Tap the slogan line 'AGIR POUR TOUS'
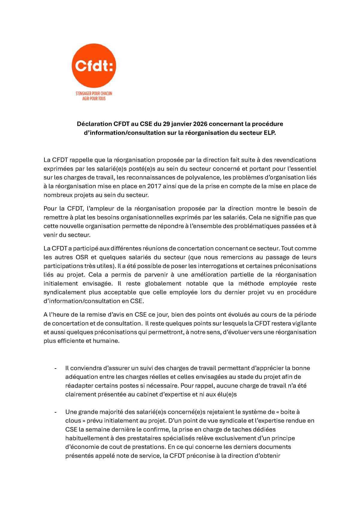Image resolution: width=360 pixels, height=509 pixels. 94,98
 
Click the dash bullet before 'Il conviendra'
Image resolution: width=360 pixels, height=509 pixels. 55,368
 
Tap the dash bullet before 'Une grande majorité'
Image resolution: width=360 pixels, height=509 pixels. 55,412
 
